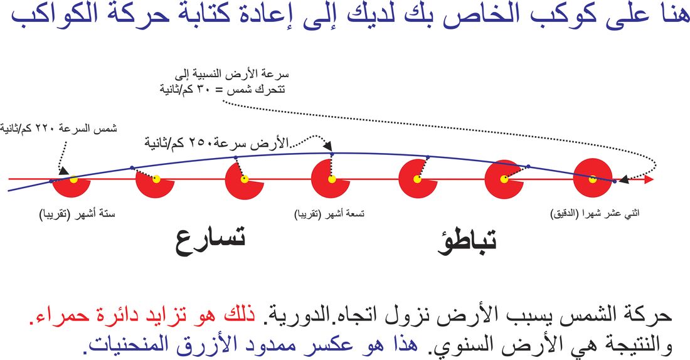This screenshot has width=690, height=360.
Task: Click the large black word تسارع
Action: [x=210, y=241]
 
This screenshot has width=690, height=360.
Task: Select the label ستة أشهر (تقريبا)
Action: [x=77, y=215]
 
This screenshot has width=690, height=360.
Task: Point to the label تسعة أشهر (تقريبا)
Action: [x=329, y=214]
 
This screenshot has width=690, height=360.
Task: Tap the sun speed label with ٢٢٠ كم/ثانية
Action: [x=58, y=129]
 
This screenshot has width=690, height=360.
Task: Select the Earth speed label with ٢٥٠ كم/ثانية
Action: [x=216, y=143]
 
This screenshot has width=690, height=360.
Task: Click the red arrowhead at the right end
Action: [x=649, y=179]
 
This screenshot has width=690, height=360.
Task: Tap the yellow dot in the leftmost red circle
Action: [x=73, y=179]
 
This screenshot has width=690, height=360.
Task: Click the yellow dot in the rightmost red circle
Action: [x=593, y=179]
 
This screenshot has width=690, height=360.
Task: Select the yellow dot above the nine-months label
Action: [x=332, y=179]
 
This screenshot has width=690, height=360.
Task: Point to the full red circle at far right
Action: [x=593, y=177]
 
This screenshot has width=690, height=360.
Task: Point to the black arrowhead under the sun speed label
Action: [x=64, y=171]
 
